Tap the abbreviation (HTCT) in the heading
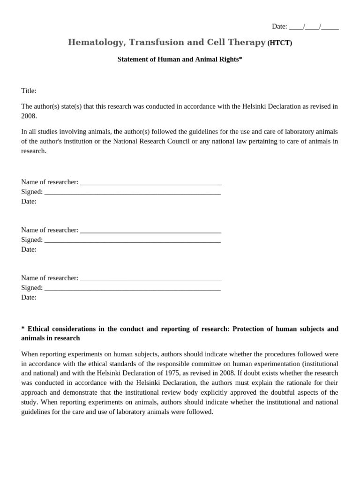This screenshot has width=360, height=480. point(279,43)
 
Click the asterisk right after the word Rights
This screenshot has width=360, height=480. point(240,59)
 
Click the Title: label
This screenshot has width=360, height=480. point(29,90)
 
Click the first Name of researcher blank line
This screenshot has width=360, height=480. point(150,182)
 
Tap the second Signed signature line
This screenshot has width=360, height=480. point(133,240)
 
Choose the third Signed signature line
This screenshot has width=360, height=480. point(133,288)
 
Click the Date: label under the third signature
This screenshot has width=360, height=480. point(29,297)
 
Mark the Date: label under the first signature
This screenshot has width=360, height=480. point(29,201)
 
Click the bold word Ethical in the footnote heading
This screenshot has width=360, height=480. point(40,329)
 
